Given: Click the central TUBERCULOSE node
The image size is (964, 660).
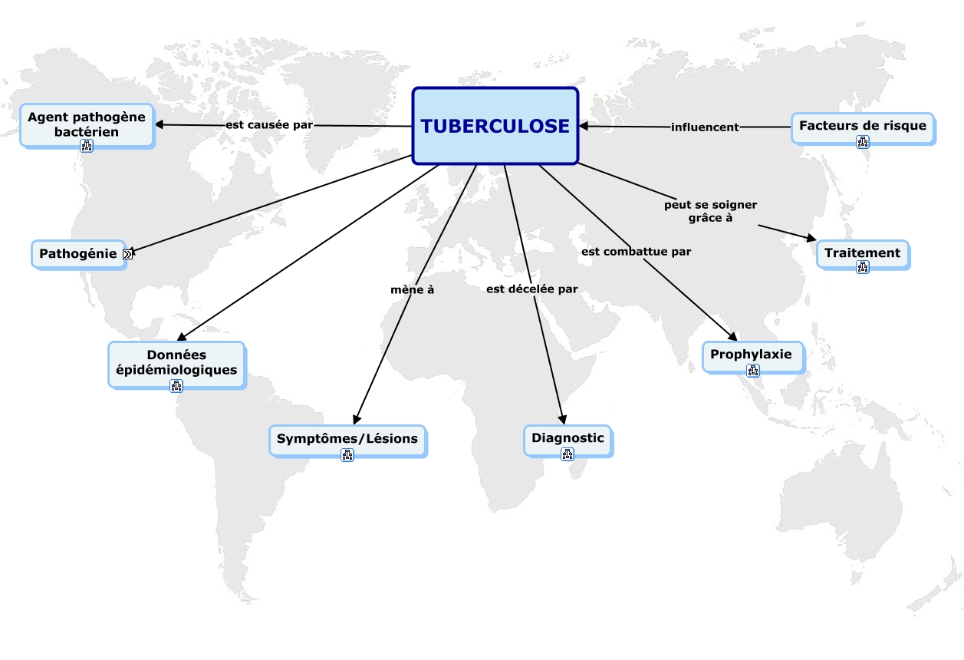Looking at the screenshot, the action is tap(495, 126).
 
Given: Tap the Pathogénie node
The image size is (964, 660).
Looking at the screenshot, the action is tap(78, 253).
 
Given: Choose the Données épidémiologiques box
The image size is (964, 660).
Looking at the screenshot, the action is tap(176, 362).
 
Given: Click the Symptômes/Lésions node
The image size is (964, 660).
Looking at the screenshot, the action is tap(347, 439).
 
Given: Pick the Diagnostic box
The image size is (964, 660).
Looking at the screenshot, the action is tap(568, 438).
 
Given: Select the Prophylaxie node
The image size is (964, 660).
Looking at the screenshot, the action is tap(751, 355).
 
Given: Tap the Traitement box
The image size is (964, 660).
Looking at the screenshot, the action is tap(862, 252).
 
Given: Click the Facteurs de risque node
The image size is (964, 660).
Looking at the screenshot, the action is tap(862, 125).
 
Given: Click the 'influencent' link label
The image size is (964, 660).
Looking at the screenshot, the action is tap(705, 127).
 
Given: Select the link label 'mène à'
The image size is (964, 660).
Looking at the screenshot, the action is tap(413, 289).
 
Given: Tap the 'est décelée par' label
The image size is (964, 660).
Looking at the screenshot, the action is tap(532, 289).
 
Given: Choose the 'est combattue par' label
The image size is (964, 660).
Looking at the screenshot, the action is tap(636, 251).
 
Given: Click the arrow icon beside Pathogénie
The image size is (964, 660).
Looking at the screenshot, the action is tap(127, 254).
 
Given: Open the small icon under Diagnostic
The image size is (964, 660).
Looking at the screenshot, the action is tap(568, 454).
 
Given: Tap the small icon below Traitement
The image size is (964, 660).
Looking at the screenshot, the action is tap(863, 267).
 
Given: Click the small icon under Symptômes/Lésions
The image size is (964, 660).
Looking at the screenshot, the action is tap(347, 455).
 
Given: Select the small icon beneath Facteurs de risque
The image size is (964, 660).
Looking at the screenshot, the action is tap(863, 141).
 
